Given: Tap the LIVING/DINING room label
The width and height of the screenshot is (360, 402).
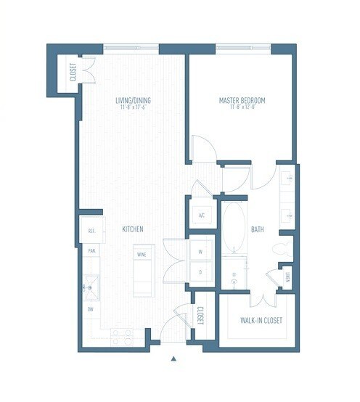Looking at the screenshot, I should coord(133,100).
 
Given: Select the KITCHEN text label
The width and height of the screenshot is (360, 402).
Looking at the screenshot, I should coord(132,229).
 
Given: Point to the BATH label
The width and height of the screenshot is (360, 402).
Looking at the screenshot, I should coord(258,230).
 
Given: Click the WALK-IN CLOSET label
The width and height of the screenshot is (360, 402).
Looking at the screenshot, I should coord(261,320).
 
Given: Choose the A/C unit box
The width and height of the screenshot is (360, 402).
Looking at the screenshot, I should coord(201,216).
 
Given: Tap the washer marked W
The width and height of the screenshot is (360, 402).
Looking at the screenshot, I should coord(201,252).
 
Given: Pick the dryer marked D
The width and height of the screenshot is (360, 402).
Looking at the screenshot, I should coord(201,272).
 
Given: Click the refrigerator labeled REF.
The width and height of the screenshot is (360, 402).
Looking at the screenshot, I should coord(92,231).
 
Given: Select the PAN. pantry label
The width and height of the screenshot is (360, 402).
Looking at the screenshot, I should coord(92,251).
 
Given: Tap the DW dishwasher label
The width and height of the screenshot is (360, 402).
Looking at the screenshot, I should coord(90,310).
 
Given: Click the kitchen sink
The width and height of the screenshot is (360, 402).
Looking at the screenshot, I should coord(91,284).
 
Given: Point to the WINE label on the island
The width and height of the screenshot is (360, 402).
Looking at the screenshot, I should coord(142,255).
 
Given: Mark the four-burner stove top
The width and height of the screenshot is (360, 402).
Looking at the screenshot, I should coord(121,335).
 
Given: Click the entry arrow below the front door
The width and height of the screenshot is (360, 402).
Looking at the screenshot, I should coord(173,358).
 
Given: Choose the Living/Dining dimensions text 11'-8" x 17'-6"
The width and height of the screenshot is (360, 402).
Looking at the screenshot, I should coord(133,107).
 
